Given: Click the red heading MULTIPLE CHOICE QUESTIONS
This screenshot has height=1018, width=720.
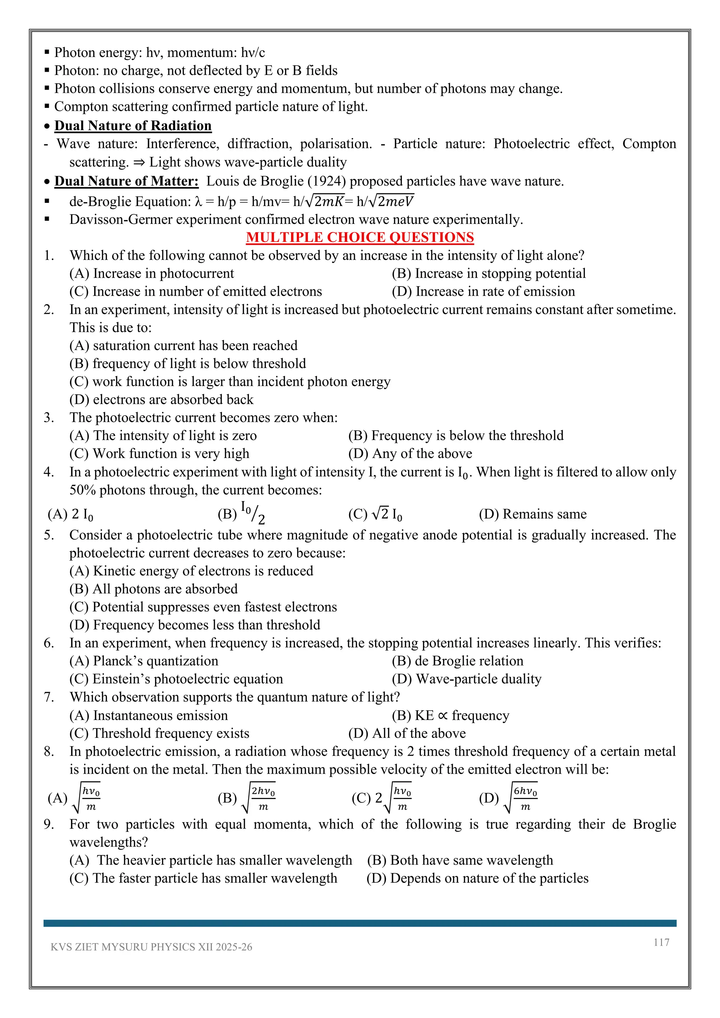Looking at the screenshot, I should point(360,237).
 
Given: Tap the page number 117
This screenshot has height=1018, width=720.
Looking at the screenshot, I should point(661,942).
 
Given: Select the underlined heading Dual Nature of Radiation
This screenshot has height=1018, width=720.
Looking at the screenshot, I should point(133,125).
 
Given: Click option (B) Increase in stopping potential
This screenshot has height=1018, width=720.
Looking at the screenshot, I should point(489,273).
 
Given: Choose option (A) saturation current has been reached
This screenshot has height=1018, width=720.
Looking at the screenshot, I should point(183,346).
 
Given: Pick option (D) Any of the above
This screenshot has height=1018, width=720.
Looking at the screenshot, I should point(410,453).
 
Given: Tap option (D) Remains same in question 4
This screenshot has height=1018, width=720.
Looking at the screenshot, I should point(533,514).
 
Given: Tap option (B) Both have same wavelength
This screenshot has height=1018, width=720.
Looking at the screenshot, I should point(460,860).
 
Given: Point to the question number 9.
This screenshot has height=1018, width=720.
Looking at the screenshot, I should point(49,824).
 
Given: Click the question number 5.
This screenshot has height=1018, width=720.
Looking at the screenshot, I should point(49,535).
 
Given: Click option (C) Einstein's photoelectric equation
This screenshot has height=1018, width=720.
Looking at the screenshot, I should point(176,679).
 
